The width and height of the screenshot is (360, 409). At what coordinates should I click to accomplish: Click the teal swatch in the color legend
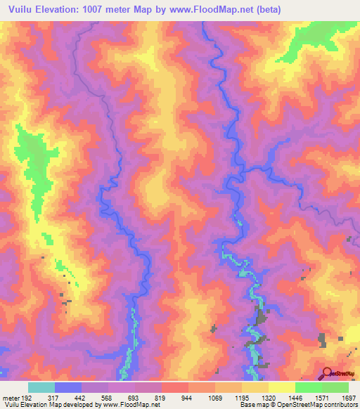click(41, 387)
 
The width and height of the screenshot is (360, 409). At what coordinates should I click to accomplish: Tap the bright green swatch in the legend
click(308, 387)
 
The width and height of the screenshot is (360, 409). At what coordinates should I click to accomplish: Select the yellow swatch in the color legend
click(281, 387)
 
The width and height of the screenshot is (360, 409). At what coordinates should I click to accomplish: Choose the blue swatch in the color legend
click(68, 387)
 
